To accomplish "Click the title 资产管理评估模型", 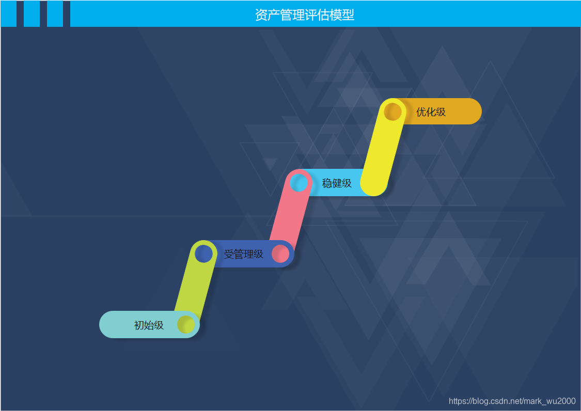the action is [305, 14].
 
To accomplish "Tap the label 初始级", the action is [149, 325].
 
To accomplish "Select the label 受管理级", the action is [243, 254].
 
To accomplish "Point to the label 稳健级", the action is [337, 183].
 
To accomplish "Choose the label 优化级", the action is [431, 112].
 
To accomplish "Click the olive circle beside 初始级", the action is [186, 325].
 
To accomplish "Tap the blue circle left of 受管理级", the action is [204, 254].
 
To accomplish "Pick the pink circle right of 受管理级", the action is [280, 254].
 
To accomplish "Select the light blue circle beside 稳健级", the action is [299, 183].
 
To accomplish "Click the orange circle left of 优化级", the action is [393, 112].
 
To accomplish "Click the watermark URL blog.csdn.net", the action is [512, 401].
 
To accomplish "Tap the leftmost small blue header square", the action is [8, 13].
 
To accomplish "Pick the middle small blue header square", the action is [32, 13].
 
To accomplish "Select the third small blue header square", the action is [55, 13].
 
